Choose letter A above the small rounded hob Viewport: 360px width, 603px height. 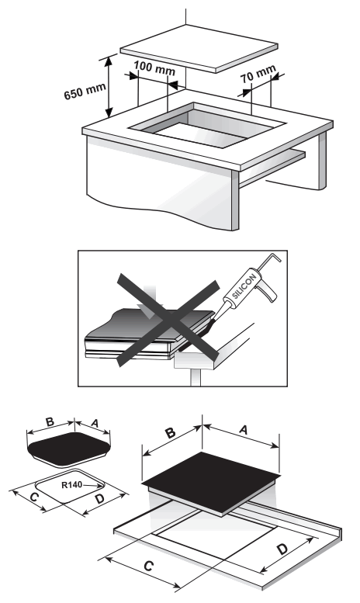coord(95,423)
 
